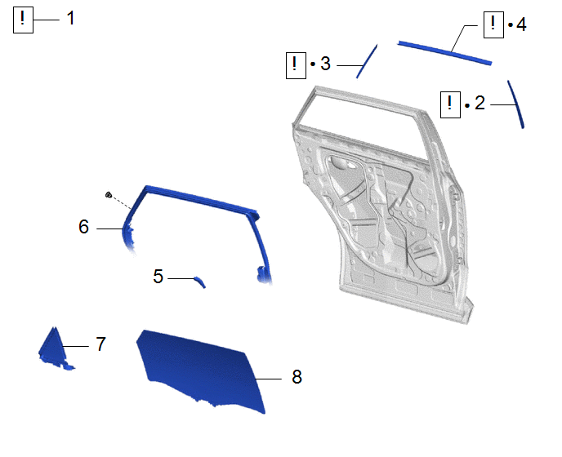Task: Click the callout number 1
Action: click(x=70, y=18)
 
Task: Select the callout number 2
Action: click(x=480, y=103)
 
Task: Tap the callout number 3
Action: click(x=325, y=64)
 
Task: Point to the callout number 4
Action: click(x=521, y=24)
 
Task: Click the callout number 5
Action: click(x=158, y=277)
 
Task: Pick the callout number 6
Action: click(x=83, y=227)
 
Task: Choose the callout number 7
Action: click(x=100, y=344)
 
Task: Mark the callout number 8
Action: click(x=297, y=377)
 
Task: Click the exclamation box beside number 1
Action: click(x=24, y=20)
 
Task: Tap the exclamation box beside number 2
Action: click(x=450, y=104)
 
